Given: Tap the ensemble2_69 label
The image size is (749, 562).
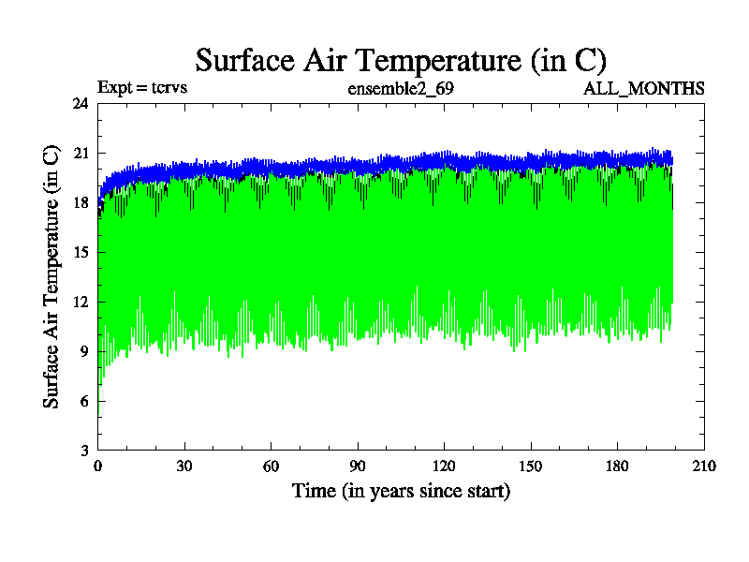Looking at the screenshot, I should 401,89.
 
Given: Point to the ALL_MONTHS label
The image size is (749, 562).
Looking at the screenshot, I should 644,89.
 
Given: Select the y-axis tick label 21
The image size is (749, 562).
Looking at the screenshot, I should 81,153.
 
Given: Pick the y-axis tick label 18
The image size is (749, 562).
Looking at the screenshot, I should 81,202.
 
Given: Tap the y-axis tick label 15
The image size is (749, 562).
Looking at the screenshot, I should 81,252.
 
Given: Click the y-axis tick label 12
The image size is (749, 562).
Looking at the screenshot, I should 81,302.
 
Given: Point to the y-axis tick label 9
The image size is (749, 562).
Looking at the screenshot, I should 84,351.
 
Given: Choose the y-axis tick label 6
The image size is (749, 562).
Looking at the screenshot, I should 84,401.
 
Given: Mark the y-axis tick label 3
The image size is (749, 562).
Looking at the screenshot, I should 84,451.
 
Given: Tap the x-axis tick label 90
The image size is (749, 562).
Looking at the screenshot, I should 358,466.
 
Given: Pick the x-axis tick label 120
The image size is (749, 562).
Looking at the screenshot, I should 444,466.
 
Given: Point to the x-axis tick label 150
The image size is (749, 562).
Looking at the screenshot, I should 531,466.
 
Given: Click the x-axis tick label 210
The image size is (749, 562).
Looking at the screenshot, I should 704,466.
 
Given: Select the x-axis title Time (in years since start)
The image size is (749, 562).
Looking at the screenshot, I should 401,491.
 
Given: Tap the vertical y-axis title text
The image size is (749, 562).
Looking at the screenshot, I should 51,276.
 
